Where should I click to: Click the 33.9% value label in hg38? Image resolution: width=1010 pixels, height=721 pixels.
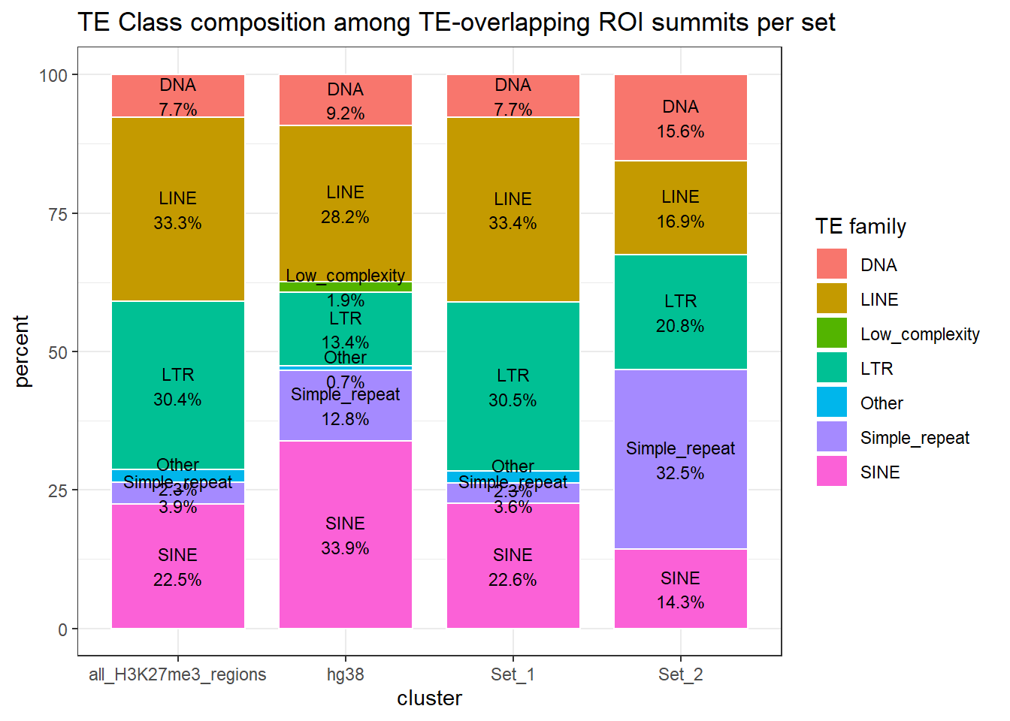pos(346,548)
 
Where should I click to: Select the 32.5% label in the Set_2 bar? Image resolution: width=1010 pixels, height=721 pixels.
pos(681,473)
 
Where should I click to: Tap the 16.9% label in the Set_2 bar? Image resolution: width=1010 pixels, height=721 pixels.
pos(681,222)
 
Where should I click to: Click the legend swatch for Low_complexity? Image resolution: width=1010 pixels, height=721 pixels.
pos(832,333)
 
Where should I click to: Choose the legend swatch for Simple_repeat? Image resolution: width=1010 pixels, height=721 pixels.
pos(832,437)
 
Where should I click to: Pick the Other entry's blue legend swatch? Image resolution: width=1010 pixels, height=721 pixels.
pos(832,403)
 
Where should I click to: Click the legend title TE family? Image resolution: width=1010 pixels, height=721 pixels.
pos(861,226)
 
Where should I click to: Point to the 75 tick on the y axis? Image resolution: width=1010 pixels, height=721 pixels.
pos(58,214)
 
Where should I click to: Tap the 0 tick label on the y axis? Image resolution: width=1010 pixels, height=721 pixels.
pos(62,629)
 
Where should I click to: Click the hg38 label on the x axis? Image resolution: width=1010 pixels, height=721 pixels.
pos(346,674)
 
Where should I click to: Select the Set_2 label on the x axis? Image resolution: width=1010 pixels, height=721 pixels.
pos(681,674)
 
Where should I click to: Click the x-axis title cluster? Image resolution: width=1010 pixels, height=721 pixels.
pos(429,698)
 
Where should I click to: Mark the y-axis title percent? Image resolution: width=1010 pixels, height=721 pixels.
pos(22,351)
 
